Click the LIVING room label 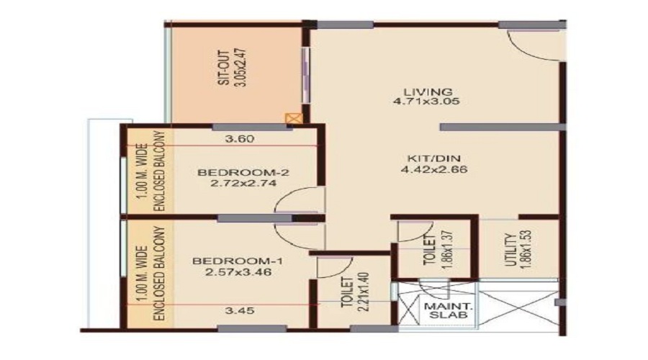click(428, 91)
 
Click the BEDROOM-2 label click(233, 173)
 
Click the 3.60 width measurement click(240, 140)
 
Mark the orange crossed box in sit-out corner click(292, 118)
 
